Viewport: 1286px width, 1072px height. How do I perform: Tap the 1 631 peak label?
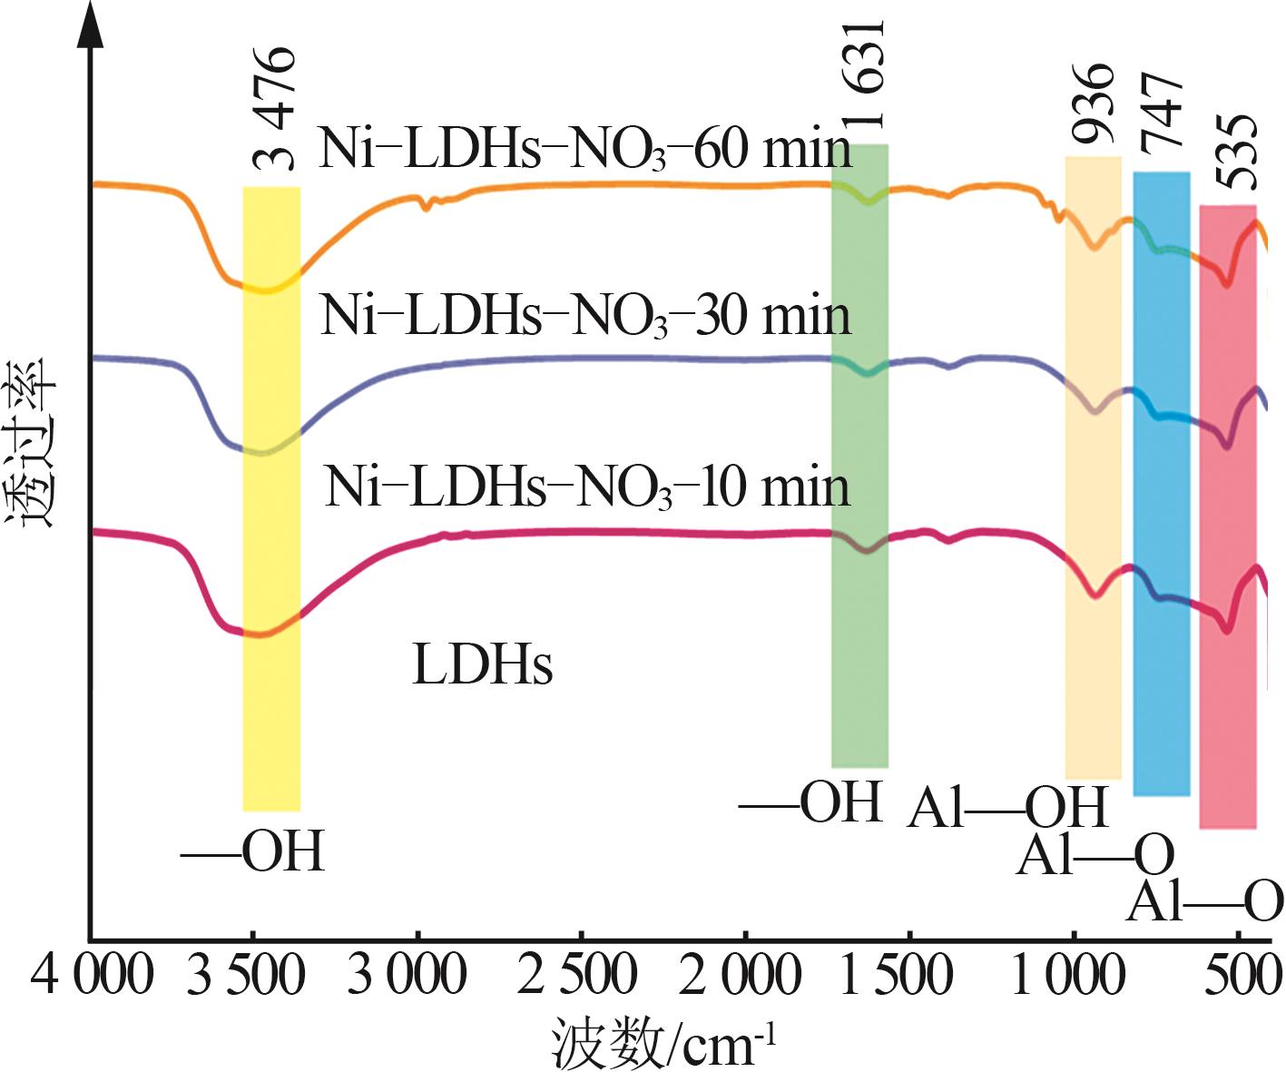[x=862, y=77]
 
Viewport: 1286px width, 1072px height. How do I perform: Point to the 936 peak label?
[x=1092, y=104]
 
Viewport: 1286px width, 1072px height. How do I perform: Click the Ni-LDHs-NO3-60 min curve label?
[x=585, y=149]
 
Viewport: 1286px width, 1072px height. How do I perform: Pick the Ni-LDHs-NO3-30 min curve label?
[x=585, y=317]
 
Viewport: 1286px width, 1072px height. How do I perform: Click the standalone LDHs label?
[x=482, y=664]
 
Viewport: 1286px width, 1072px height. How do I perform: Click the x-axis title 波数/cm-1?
[x=664, y=1045]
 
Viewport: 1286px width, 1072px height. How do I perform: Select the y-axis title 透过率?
[x=32, y=442]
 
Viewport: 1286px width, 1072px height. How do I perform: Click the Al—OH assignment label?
[x=1007, y=806]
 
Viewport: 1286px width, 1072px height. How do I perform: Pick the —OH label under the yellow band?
[x=252, y=852]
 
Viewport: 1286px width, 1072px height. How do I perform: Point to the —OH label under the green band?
[x=811, y=802]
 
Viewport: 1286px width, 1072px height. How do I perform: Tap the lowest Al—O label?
[x=1204, y=901]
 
